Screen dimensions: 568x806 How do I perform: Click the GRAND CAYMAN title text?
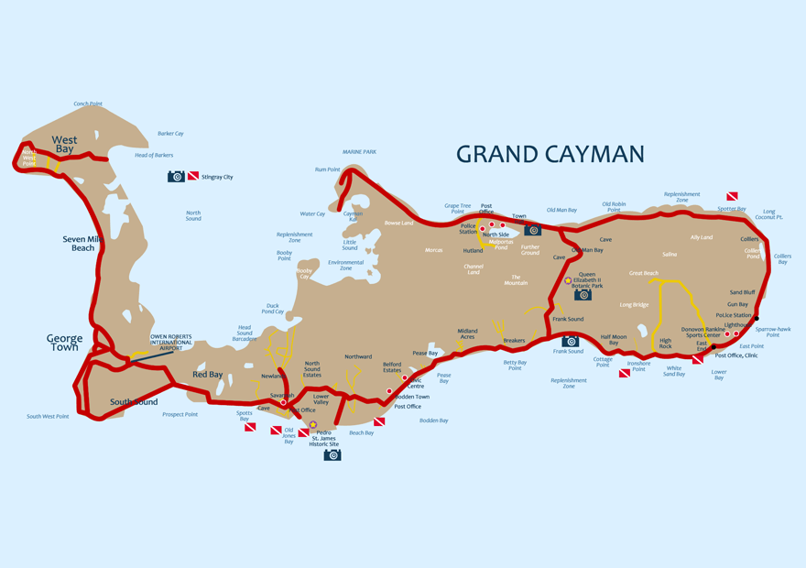(x=550, y=154)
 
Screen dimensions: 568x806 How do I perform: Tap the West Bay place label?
(x=64, y=144)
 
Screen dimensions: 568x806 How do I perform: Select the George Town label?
(x=64, y=343)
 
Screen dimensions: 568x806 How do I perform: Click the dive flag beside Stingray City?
(x=193, y=176)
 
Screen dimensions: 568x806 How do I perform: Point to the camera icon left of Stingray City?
(x=176, y=176)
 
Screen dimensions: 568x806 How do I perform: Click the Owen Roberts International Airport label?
(x=171, y=342)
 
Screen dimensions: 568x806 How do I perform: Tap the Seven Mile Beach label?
(x=79, y=243)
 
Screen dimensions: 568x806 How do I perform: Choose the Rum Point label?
(x=327, y=169)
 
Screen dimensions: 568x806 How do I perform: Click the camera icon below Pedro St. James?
(x=332, y=454)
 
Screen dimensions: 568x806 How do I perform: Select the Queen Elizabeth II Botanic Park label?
(x=588, y=279)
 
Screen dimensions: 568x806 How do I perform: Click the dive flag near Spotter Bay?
(x=732, y=197)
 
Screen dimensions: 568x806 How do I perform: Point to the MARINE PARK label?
(x=359, y=152)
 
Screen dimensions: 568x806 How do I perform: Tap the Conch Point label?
(x=88, y=104)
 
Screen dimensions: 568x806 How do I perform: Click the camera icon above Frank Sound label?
(x=570, y=341)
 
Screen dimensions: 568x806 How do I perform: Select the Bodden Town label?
(x=409, y=397)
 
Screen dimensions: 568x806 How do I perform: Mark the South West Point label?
(x=48, y=416)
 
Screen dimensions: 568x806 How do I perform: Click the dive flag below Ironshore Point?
(x=625, y=373)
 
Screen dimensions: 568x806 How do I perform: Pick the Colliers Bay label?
(x=782, y=259)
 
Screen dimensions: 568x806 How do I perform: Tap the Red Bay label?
(x=207, y=374)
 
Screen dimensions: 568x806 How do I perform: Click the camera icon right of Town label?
(x=533, y=231)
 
